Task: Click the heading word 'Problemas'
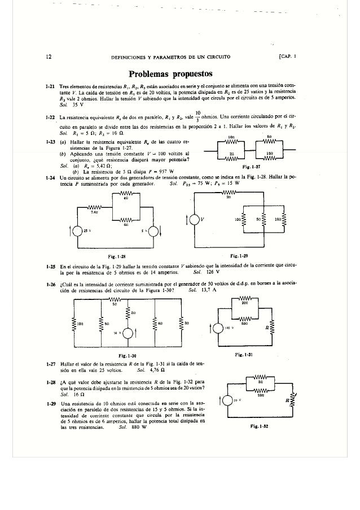pos(147,74)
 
